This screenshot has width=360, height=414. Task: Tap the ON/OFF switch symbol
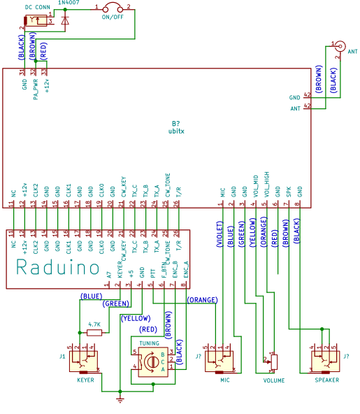112,10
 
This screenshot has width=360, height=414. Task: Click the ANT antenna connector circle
340,48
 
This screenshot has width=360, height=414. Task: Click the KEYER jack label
86,380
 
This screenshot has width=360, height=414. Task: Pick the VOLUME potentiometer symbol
273,362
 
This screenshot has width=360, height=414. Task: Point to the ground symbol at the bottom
120,399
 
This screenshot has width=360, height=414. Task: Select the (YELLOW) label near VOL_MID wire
253,231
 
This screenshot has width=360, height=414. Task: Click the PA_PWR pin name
35,90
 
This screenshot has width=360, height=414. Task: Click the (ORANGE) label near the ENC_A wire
203,299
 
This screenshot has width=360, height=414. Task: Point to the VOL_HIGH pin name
265,187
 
